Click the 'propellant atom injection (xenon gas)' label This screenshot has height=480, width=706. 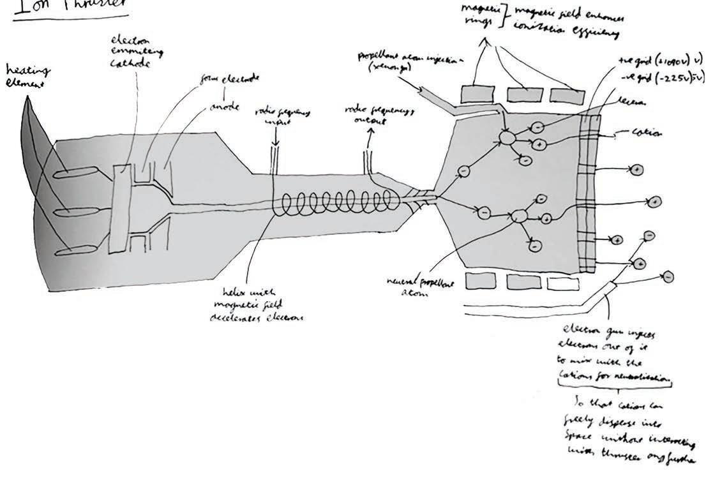[393, 61]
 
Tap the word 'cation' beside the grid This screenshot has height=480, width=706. [646, 133]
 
